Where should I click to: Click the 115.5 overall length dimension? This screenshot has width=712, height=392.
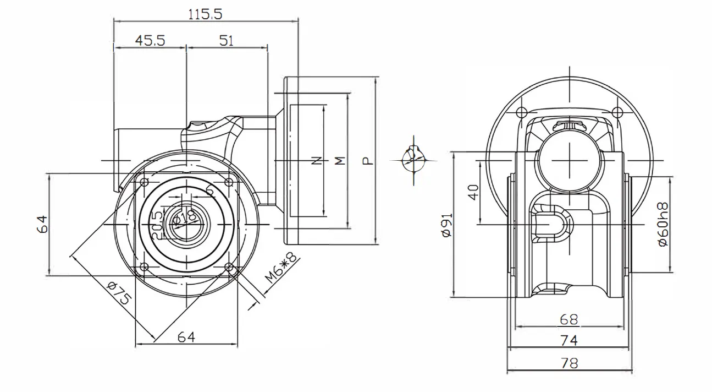tap(205, 14)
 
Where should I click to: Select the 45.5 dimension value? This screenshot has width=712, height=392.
tap(150, 41)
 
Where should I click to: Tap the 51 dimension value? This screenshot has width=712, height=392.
tap(226, 41)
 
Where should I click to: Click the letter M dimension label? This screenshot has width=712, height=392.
tap(340, 161)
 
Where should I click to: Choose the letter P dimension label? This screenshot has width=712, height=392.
tap(367, 161)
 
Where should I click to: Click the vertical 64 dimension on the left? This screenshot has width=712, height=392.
tap(43, 225)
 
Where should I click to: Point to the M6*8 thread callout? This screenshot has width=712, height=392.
tap(280, 268)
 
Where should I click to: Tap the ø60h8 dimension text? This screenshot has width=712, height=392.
tap(663, 225)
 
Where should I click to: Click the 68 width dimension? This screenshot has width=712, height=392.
tap(569, 319)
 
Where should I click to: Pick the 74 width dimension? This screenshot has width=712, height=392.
tap(569, 341)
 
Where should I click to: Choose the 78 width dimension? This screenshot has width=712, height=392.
tap(569, 363)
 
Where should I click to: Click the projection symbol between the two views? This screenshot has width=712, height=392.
tap(414, 160)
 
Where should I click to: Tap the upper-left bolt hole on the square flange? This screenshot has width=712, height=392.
tap(144, 182)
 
